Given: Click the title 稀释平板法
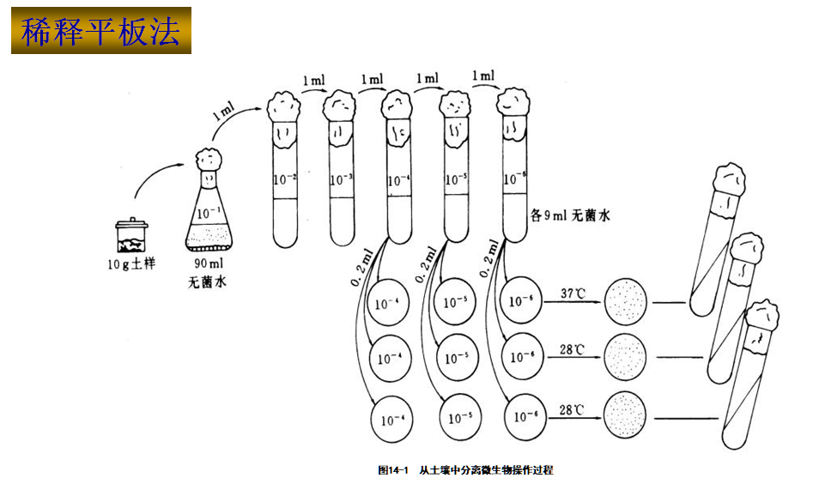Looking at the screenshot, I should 100,31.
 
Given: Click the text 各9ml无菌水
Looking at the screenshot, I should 570,216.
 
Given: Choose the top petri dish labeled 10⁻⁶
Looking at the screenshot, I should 521,301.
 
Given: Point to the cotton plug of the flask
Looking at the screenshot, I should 209,159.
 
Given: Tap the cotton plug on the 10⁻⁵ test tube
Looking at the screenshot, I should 455,106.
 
